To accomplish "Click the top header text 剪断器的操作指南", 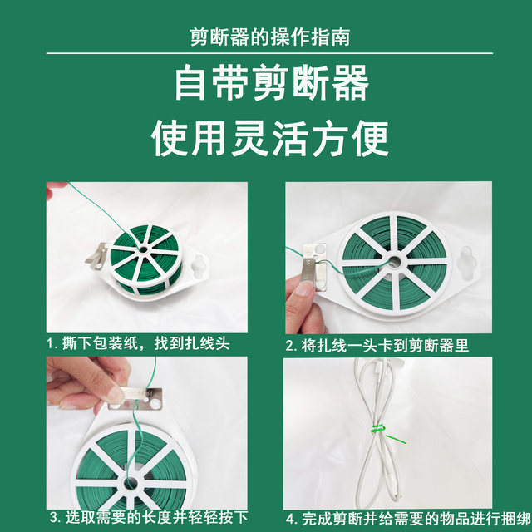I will pyautogui.click(x=265, y=38).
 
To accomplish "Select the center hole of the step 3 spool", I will pyautogui.click(x=130, y=483).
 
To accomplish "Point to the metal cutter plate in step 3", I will pyautogui.click(x=146, y=398).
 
